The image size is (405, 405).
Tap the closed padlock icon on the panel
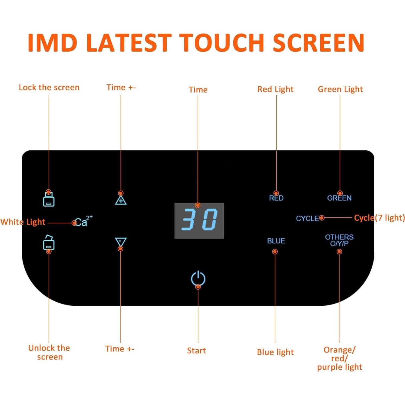[49, 199]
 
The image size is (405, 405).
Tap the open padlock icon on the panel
[49, 242]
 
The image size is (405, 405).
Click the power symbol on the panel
[198, 279]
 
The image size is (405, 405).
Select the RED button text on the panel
[276, 198]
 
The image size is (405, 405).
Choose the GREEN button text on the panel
[339, 198]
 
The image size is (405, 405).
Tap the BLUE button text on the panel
[276, 241]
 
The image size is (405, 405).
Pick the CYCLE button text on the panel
[308, 219]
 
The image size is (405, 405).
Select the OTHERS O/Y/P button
[339, 240]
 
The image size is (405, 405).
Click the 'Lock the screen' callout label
[49, 87]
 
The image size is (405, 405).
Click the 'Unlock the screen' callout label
[49, 352]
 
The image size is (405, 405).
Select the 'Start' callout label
[197, 350]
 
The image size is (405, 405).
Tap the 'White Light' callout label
[23, 222]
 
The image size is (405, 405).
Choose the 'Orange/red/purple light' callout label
[340, 359]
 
